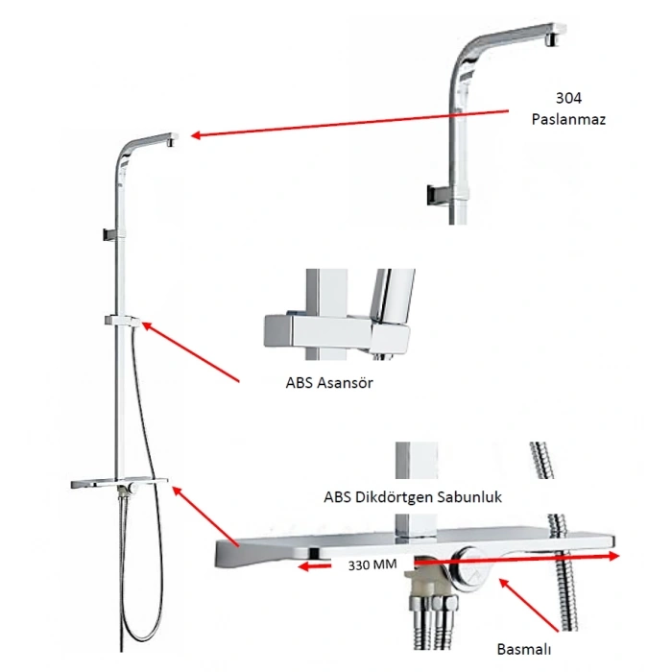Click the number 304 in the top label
pyautogui.click(x=570, y=98)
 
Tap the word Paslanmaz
pyautogui.click(x=569, y=120)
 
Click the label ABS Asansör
pyautogui.click(x=328, y=382)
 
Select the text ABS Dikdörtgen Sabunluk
pyautogui.click(x=414, y=497)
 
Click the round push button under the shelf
pyautogui.click(x=473, y=567)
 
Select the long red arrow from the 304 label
pyautogui.click(x=346, y=124)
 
